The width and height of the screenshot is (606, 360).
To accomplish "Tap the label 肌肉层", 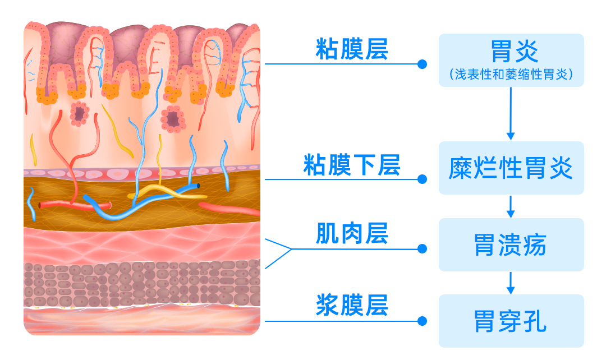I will [x=351, y=234].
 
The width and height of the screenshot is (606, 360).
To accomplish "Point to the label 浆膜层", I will [x=351, y=306].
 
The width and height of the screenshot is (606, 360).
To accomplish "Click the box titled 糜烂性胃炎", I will [x=511, y=168].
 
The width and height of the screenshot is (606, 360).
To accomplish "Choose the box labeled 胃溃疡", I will [x=511, y=245].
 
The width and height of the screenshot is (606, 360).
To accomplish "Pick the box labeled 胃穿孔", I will [x=511, y=321].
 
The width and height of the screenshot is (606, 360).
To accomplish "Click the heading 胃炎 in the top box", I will [x=511, y=52].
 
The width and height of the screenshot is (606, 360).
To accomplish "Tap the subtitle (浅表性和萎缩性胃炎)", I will [x=511, y=75].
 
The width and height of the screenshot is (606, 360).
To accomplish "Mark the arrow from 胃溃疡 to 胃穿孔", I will [x=511, y=283].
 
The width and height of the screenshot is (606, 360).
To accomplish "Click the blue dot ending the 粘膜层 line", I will [x=422, y=64].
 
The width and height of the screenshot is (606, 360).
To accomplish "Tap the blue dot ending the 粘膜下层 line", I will [x=422, y=179].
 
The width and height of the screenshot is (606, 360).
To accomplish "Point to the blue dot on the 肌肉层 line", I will [x=422, y=248].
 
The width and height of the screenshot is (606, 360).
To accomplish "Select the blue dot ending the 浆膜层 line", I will [x=422, y=321].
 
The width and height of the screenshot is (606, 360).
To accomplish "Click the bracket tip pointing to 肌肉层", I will [x=291, y=248].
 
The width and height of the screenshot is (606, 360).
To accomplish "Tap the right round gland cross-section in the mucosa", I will [x=173, y=119].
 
